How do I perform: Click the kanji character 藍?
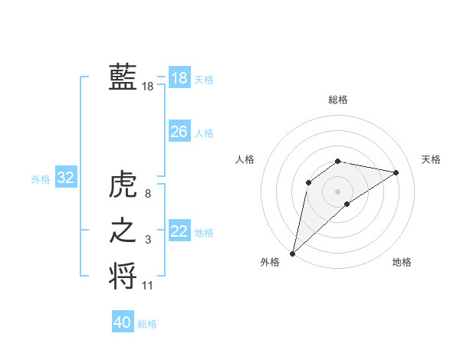coord(123,77)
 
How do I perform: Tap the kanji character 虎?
coord(123,186)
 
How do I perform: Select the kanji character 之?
coord(123,231)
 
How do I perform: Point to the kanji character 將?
coord(123,275)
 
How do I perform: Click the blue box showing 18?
coord(179,78)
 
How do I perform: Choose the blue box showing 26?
coord(179,132)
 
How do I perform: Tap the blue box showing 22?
coord(179,231)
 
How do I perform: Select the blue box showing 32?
coord(65,178)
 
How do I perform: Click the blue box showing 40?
coord(122,322)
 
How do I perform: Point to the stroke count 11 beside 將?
coord(148,286)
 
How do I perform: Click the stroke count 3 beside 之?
coord(148,241)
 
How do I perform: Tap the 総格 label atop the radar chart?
coord(338,100)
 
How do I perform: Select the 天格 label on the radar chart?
coord(432,159)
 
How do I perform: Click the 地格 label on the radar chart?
coord(402,262)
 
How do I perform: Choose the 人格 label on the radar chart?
coord(245,159)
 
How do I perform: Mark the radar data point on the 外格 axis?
coord(292,253)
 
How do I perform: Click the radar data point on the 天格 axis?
coord(396,172)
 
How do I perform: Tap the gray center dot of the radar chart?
coord(338,191)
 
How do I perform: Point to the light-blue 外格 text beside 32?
coord(41,179)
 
